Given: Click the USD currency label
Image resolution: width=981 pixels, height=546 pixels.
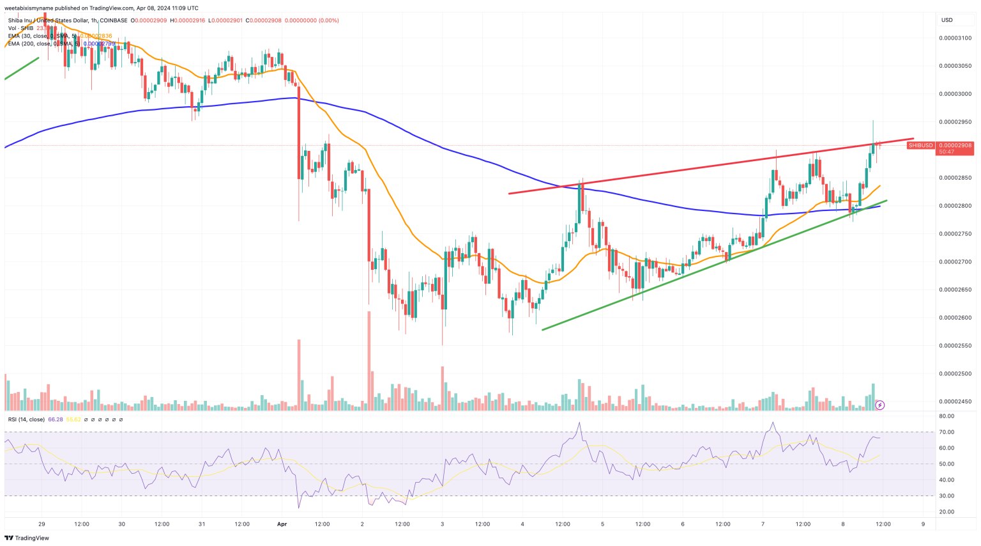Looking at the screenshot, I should [x=947, y=20].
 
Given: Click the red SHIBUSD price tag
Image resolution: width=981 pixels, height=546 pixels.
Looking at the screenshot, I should [x=921, y=145].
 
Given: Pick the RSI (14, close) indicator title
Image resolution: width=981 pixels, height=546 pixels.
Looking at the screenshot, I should [x=26, y=419].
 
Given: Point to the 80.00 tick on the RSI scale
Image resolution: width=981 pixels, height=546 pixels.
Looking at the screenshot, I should [x=947, y=416].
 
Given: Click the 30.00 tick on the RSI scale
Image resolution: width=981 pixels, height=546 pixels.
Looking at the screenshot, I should [x=947, y=496].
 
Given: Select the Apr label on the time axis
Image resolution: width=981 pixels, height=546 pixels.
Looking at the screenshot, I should [x=282, y=524].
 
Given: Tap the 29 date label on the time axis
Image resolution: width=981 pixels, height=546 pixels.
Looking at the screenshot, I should [x=42, y=524].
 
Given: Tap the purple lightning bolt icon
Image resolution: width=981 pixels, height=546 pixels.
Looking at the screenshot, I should [x=879, y=405].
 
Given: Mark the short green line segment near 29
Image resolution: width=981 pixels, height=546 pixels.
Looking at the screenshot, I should [x=22, y=68].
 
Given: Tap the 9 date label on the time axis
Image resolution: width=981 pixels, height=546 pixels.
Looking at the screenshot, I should [x=923, y=524].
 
